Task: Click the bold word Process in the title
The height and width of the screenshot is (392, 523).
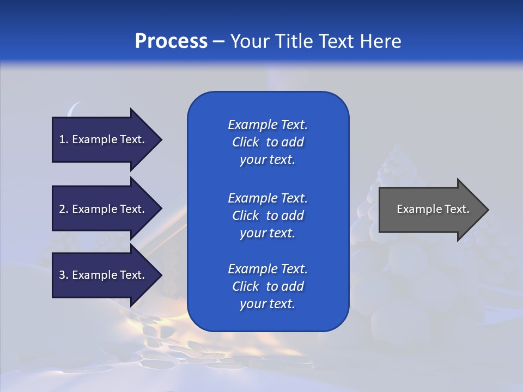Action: pyautogui.click(x=171, y=41)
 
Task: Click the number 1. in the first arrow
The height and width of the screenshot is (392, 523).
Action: pyautogui.click(x=64, y=139)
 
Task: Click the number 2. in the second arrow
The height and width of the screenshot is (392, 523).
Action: pyautogui.click(x=64, y=209)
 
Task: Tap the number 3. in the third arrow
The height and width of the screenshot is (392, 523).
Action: pyautogui.click(x=64, y=275)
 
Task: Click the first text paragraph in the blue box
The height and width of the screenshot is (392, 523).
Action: pyautogui.click(x=267, y=142)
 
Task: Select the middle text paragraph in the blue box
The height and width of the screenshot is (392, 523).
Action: pyautogui.click(x=267, y=216)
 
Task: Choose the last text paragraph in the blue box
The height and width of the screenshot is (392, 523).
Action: pyautogui.click(x=267, y=286)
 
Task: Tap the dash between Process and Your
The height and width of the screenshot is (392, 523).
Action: pyautogui.click(x=218, y=42)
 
